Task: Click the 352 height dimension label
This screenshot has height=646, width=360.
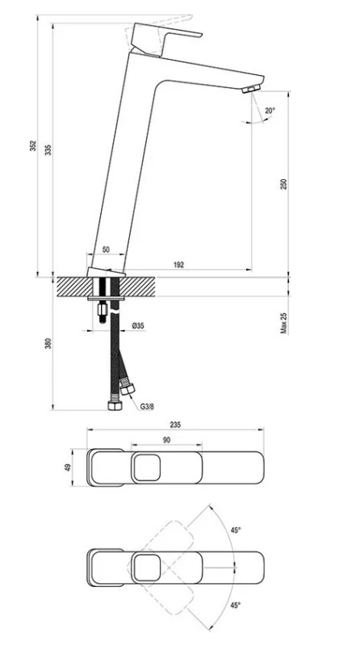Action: pos(33,146)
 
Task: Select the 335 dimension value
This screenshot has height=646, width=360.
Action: pos(48,149)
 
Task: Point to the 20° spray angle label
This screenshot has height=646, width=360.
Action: pos(270,111)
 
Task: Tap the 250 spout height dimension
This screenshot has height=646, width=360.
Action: pos(284,184)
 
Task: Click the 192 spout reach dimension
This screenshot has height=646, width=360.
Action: pos(178,265)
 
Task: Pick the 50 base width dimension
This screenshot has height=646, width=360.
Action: pos(106,250)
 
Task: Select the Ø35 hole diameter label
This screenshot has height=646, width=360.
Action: pos(138,326)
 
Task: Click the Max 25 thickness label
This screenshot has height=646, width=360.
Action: pos(284,322)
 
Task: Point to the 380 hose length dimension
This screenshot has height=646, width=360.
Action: pos(48,343)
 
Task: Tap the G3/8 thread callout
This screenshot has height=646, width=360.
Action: pos(147,407)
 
